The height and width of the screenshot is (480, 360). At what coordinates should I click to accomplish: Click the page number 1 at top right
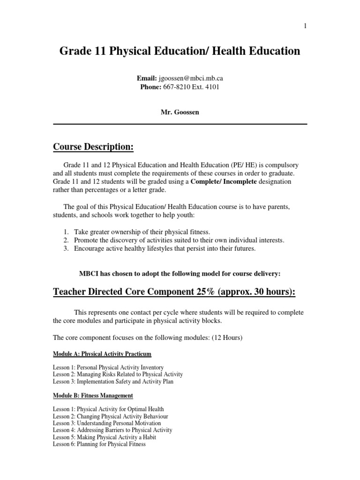coord(306,26)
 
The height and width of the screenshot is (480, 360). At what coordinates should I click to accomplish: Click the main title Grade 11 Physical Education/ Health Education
coord(180,51)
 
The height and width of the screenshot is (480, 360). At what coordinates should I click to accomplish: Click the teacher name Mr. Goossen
coord(180,112)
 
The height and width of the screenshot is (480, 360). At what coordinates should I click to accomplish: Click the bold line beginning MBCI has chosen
coord(180,273)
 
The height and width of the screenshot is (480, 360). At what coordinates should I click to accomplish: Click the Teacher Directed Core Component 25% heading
coord(174,292)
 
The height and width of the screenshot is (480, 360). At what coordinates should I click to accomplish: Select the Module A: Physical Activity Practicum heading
coord(102,353)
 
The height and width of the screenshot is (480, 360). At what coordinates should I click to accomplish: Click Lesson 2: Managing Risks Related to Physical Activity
coord(118,375)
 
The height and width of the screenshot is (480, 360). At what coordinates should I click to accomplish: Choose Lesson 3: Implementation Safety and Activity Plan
coord(113,382)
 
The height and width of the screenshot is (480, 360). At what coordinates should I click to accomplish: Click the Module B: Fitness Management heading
coord(92,396)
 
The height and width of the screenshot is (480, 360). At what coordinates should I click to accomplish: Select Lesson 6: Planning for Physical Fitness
coord(99,444)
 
